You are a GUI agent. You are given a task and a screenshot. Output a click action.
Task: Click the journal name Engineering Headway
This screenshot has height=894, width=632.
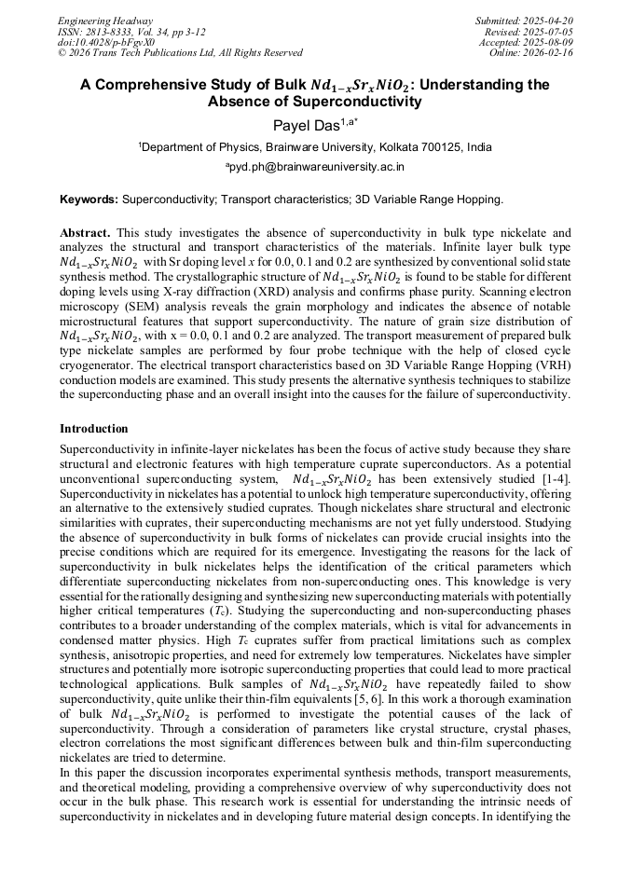[x=105, y=21]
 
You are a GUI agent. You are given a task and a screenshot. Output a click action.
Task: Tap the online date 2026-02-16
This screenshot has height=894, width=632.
[x=549, y=53]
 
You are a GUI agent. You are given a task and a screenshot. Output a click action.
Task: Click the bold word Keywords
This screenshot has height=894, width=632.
[x=89, y=199]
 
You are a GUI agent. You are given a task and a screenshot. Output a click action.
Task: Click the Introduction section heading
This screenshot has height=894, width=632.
[x=94, y=429]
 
